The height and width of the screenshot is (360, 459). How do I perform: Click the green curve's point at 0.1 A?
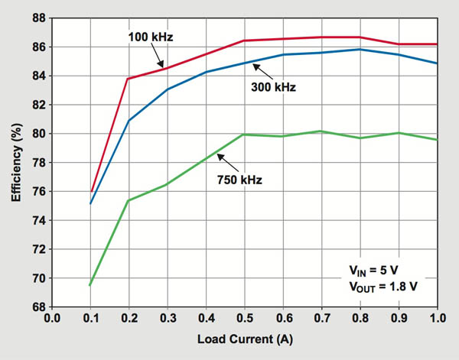90,285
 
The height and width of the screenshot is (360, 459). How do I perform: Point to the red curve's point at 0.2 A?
128,79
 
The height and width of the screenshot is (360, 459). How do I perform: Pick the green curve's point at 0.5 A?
244,135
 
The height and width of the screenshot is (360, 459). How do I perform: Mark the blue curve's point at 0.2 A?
128,121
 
